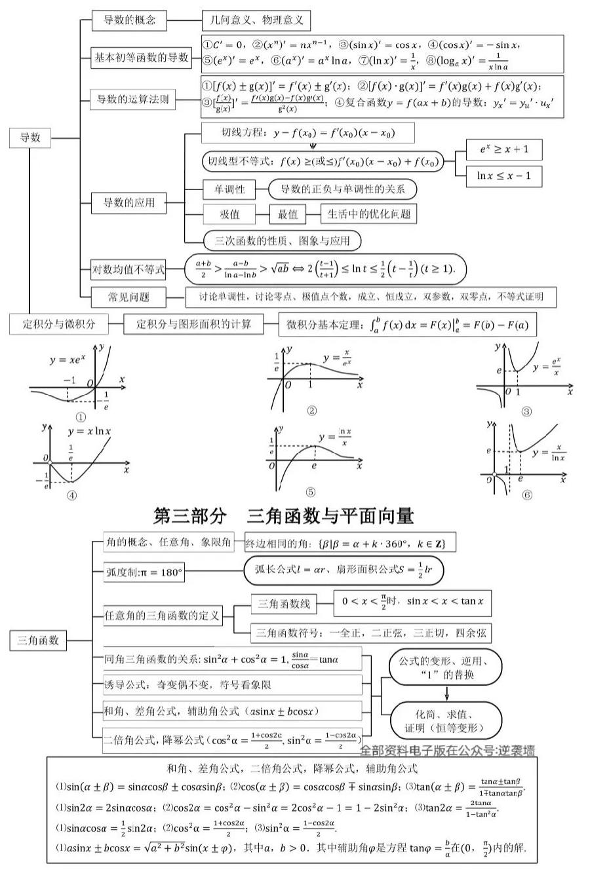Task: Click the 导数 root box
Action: click(30, 138)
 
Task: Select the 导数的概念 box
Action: click(130, 20)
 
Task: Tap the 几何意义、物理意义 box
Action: click(256, 20)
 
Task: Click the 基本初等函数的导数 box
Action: click(141, 58)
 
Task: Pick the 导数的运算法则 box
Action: click(133, 100)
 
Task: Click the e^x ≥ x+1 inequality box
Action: click(503, 149)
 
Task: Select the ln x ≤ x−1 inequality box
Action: click(503, 176)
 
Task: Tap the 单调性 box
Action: click(225, 189)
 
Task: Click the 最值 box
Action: click(288, 214)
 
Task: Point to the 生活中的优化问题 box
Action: click(368, 214)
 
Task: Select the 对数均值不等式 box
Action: click(128, 269)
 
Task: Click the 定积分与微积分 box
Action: click(59, 324)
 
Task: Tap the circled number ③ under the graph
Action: click(526, 412)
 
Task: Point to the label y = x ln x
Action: click(89, 432)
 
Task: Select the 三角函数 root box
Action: click(38, 640)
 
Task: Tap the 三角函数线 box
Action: click(284, 603)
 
